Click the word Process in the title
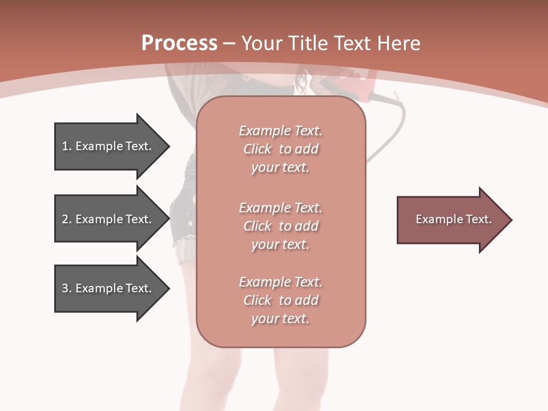click(179, 43)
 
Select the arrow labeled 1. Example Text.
click(108, 146)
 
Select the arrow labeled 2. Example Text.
click(108, 219)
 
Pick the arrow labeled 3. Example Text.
click(108, 288)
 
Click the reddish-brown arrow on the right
click(451, 220)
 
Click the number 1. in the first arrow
click(67, 146)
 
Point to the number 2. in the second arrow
click(67, 219)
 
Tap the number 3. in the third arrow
click(67, 288)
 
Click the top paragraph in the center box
click(280, 149)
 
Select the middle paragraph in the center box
click(280, 226)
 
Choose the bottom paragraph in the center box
click(280, 300)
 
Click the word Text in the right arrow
click(478, 219)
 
